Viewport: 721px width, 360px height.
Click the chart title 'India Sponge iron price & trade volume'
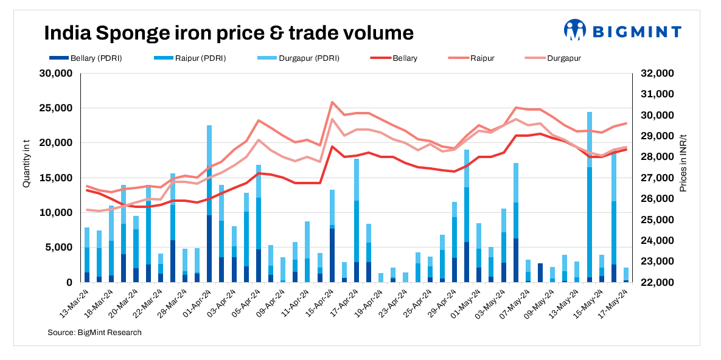(x=228, y=32)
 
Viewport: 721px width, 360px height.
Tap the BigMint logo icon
(x=574, y=30)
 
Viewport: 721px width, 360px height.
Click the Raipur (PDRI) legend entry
(x=194, y=58)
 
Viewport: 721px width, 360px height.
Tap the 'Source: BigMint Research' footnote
(x=94, y=333)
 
